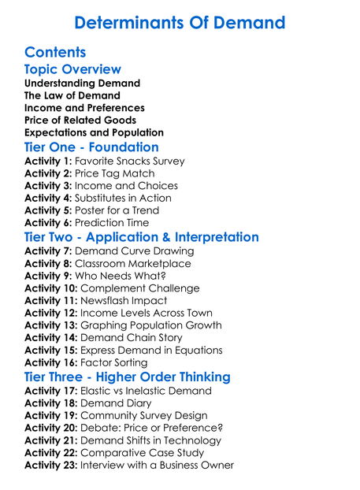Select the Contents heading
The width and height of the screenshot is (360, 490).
[55, 53]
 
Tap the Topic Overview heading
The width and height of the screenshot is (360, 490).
[72, 69]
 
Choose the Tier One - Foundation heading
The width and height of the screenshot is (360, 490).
[91, 147]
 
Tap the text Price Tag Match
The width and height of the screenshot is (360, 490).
[115, 173]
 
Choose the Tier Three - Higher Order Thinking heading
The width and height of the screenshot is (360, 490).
[128, 377]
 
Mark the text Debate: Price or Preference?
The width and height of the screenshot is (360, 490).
[152, 428]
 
